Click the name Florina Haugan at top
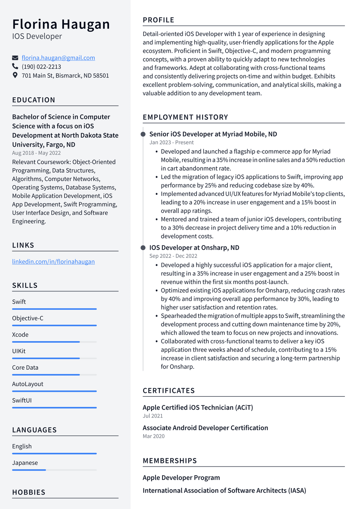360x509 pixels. pos(61,24)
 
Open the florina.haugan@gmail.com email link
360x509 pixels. pos(58,58)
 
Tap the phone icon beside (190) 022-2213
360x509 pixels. pos(15,66)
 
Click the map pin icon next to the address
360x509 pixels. pos(15,75)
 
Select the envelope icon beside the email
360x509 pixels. pos(15,58)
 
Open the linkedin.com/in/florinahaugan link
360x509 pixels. pos(53,261)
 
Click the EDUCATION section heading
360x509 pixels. pos(34,100)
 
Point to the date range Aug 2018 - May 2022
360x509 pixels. pos(36,153)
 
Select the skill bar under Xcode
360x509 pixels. pos(54,342)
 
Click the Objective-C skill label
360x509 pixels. pos(28,318)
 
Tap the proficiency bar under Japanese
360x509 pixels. pos(54,470)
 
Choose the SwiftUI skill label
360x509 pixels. pos(22,400)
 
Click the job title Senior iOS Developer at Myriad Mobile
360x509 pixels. pos(213,134)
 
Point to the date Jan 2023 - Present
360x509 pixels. pos(172,142)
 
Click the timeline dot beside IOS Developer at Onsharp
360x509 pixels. pos(143,248)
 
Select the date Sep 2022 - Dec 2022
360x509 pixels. pos(173,256)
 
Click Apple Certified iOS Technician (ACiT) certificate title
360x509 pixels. pos(198,407)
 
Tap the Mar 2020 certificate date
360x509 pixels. pos(154,436)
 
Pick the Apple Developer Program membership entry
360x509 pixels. pos(181,477)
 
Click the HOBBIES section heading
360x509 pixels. pos(29,492)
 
